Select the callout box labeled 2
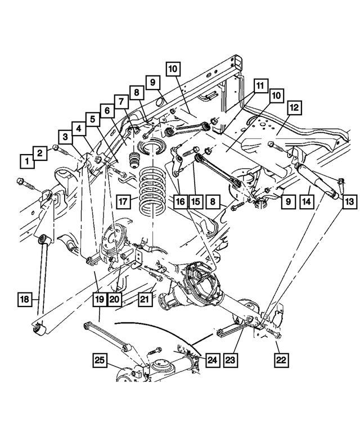click(39, 152)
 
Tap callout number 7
click(120, 101)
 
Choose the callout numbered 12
click(295, 107)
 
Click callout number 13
click(350, 201)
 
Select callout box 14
click(306, 201)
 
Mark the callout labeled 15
click(195, 201)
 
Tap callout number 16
click(179, 201)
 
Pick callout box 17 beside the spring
click(124, 201)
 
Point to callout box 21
click(145, 300)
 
